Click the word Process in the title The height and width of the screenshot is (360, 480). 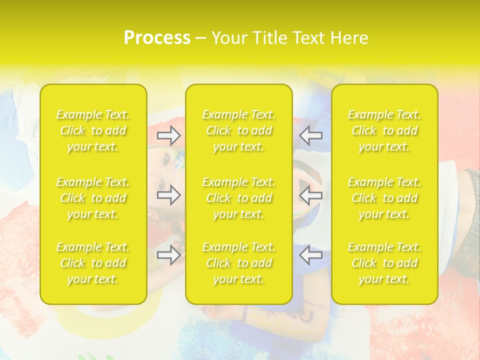click(x=157, y=38)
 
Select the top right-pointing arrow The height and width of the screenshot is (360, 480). click(x=168, y=135)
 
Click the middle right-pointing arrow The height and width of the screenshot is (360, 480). click(x=168, y=195)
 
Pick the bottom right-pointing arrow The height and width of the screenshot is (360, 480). click(x=168, y=255)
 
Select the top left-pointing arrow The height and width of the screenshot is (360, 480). click(x=311, y=135)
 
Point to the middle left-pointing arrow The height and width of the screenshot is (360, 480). click(x=311, y=195)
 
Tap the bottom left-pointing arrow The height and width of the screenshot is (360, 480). click(x=311, y=255)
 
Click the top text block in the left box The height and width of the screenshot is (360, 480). click(x=93, y=130)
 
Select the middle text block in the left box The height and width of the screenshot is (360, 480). click(x=93, y=198)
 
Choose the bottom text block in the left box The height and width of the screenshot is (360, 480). click(x=93, y=263)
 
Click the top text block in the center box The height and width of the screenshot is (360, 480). click(x=238, y=130)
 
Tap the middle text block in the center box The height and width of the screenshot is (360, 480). click(x=238, y=198)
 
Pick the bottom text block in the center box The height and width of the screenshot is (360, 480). click(x=238, y=263)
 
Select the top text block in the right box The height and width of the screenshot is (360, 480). click(x=384, y=130)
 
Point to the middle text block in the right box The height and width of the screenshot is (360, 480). click(x=384, y=198)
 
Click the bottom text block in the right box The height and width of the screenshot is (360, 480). click(x=384, y=263)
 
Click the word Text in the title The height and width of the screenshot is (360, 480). click(x=308, y=38)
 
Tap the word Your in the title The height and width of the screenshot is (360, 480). click(x=227, y=38)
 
